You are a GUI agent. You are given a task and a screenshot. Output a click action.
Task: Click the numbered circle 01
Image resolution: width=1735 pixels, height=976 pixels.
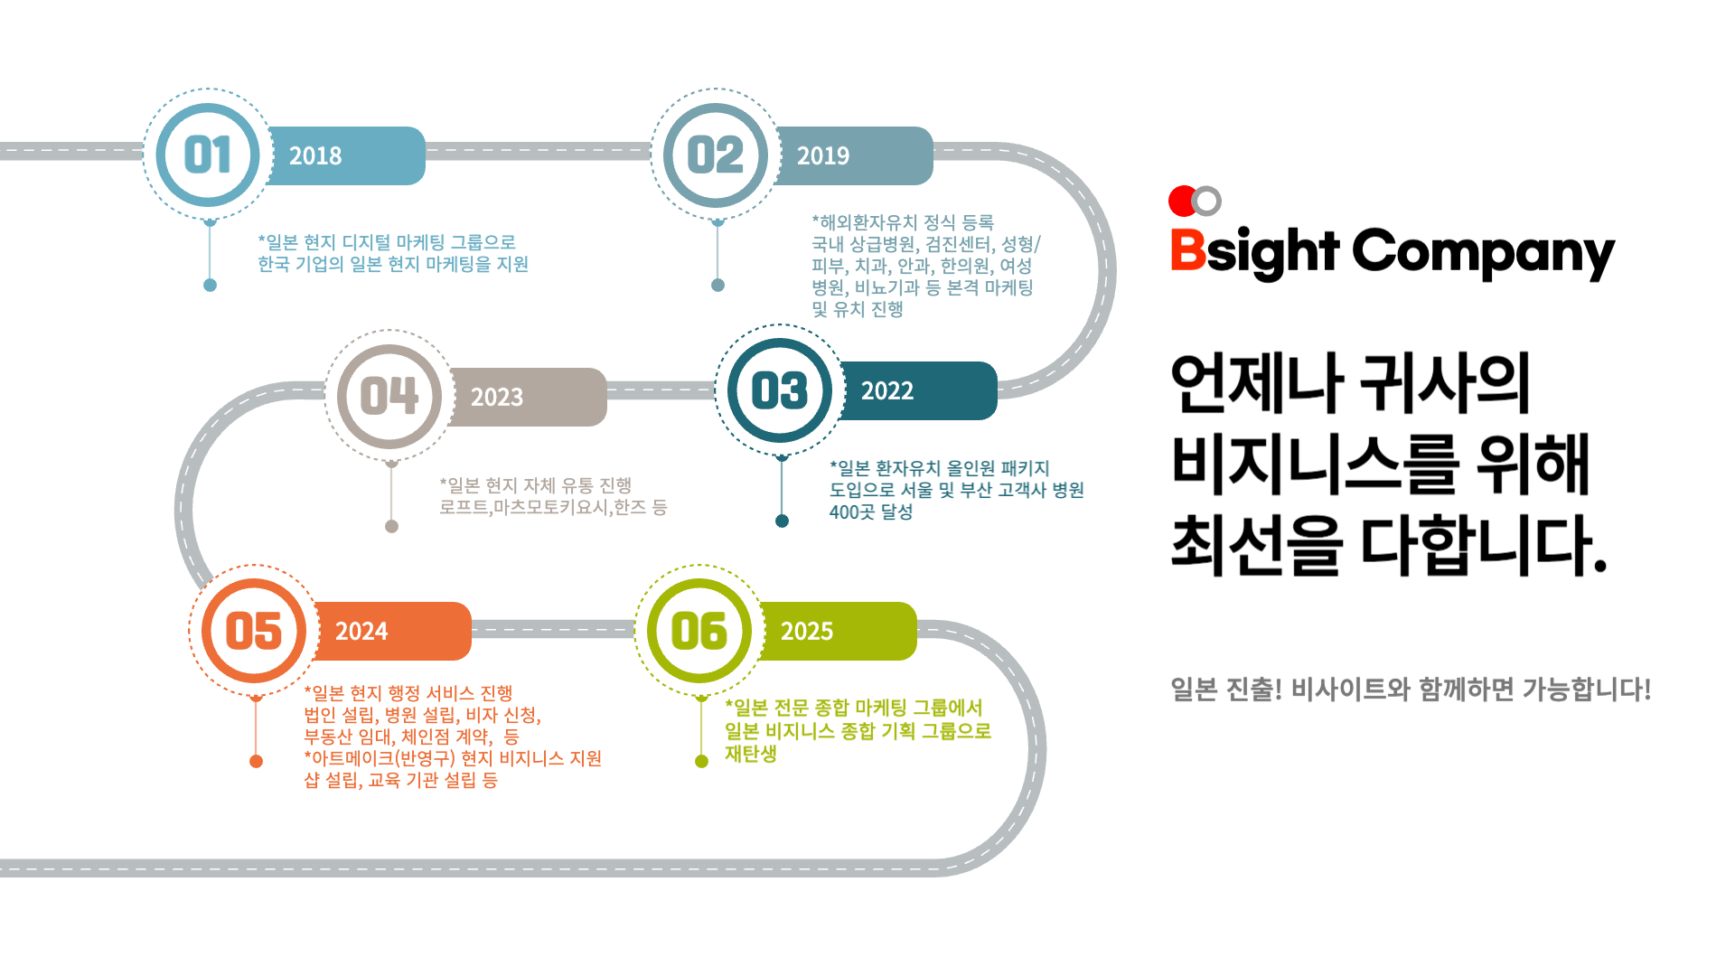click(x=208, y=155)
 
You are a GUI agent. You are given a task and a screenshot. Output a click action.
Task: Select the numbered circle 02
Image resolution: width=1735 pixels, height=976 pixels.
click(x=716, y=155)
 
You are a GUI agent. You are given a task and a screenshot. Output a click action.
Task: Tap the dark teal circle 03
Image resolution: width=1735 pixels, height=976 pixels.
click(x=780, y=390)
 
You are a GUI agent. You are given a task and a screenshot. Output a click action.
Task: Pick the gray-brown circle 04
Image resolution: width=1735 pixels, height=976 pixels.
click(x=389, y=396)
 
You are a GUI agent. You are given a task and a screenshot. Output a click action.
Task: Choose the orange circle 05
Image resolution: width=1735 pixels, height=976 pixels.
click(x=254, y=630)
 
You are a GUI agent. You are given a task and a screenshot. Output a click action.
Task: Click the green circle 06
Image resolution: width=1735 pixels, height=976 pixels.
click(x=699, y=630)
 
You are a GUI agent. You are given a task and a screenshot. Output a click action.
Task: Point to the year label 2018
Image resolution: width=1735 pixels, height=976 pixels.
click(x=315, y=156)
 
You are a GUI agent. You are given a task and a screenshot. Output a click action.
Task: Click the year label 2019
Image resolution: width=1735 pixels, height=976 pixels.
click(x=823, y=156)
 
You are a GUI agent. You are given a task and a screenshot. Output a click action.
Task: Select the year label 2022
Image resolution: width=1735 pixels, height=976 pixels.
click(x=887, y=391)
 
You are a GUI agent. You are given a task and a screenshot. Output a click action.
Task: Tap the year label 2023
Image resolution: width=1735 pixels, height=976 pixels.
click(x=497, y=398)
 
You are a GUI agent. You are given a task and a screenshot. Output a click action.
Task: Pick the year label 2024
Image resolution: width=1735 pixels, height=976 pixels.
click(x=361, y=632)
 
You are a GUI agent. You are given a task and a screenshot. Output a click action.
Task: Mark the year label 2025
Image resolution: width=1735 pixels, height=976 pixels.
click(x=807, y=632)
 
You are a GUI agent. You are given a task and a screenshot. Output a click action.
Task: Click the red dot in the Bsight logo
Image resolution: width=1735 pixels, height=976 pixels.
click(x=1182, y=201)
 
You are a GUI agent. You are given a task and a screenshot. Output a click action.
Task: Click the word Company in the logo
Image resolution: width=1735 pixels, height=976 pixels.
click(x=1483, y=252)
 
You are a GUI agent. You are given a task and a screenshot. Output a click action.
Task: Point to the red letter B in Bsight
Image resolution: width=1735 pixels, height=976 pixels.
click(x=1187, y=250)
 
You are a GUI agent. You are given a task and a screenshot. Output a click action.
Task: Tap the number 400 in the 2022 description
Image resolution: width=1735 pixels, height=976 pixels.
click(x=844, y=511)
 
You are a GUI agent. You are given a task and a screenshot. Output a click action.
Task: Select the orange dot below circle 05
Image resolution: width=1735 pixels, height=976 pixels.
click(x=256, y=761)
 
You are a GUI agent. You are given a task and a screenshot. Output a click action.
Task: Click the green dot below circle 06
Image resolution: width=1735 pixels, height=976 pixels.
click(x=701, y=761)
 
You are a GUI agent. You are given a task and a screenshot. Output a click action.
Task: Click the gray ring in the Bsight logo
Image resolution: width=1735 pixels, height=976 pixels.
click(x=1207, y=201)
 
